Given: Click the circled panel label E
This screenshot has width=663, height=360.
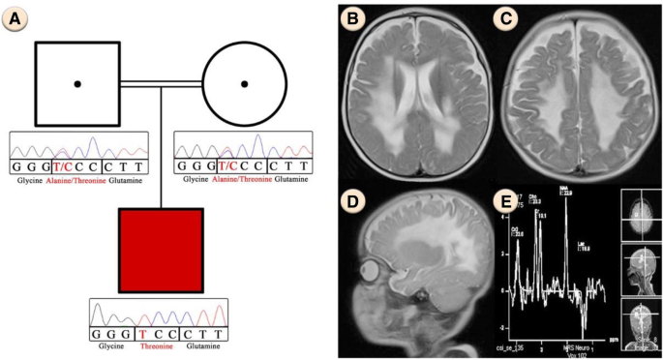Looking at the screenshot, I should coord(505,203).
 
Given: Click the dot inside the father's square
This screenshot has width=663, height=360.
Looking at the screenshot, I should coord(77,84).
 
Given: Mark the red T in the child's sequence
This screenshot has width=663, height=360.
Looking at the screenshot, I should coord(143,334).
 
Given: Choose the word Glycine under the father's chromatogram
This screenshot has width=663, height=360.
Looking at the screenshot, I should coord(26,179).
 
